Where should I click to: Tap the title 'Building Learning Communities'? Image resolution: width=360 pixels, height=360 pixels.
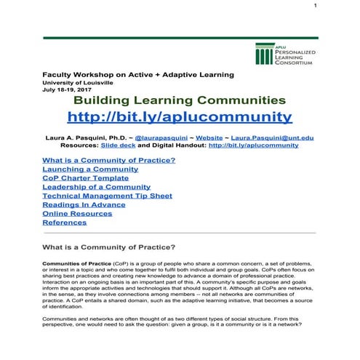click(x=180, y=100)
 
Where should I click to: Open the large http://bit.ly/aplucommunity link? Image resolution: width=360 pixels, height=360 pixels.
click(x=180, y=117)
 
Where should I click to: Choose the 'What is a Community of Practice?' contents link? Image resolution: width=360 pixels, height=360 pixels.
click(x=109, y=160)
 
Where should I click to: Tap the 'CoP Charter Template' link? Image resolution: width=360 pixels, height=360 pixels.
click(x=85, y=177)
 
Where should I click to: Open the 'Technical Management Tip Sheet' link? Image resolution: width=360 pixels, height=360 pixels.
click(x=107, y=196)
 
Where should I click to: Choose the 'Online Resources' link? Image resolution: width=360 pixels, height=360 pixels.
click(x=75, y=213)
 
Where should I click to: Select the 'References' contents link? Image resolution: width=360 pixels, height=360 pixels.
click(x=64, y=223)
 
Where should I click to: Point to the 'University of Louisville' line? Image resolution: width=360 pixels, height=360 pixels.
click(x=77, y=82)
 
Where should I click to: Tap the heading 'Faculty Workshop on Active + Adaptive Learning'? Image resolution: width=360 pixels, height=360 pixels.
click(x=138, y=74)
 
